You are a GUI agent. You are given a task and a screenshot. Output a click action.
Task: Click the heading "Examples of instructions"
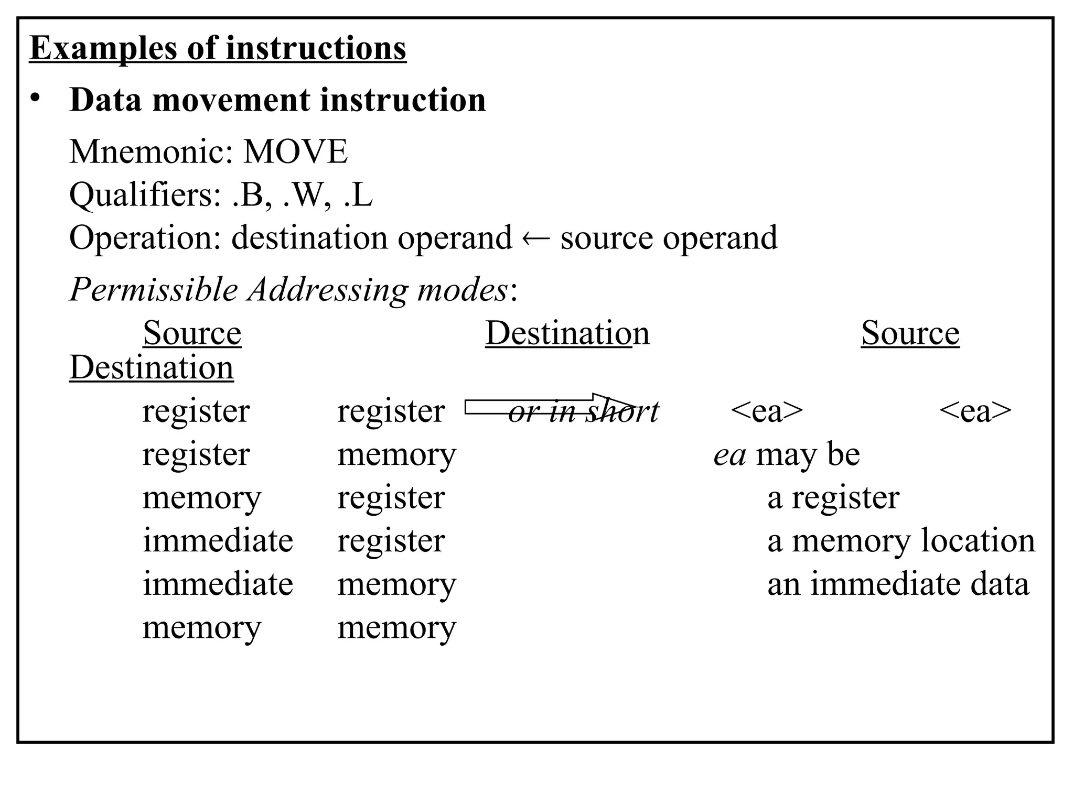pyautogui.click(x=218, y=48)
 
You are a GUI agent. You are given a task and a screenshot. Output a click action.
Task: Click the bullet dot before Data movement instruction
pyautogui.click(x=35, y=98)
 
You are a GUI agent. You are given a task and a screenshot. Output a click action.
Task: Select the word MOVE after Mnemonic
pyautogui.click(x=295, y=152)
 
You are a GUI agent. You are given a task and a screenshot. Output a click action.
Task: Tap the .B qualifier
pyautogui.click(x=249, y=195)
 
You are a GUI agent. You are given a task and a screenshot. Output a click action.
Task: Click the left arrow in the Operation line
pyautogui.click(x=536, y=239)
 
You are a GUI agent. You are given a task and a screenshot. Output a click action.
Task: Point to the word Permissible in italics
pyautogui.click(x=154, y=289)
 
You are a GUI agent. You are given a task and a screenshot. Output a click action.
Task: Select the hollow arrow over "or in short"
pyautogui.click(x=551, y=405)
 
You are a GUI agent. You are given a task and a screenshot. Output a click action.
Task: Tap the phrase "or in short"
pyautogui.click(x=583, y=412)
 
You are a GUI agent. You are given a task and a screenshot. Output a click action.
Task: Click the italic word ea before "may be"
pyautogui.click(x=729, y=455)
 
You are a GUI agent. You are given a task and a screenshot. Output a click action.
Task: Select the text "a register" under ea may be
pyautogui.click(x=833, y=497)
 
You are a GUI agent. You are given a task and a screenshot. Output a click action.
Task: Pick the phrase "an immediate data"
pyautogui.click(x=898, y=584)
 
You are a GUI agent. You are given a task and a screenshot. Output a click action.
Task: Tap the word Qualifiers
pyautogui.click(x=145, y=195)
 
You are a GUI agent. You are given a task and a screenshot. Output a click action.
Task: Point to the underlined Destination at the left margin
pyautogui.click(x=151, y=367)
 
